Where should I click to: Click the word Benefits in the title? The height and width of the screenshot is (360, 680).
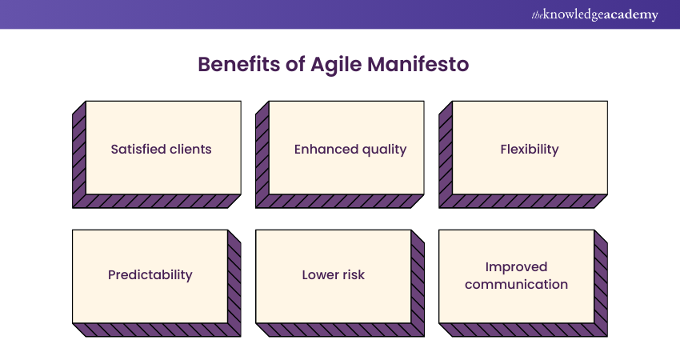(239, 64)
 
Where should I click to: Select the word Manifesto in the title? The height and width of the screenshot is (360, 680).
(418, 64)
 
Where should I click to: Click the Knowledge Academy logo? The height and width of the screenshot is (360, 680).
(594, 14)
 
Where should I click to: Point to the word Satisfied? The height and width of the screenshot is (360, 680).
(138, 150)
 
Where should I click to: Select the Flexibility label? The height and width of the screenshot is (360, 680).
(530, 150)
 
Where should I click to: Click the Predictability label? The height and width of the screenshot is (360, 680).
(150, 275)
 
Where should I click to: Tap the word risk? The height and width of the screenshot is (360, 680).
(353, 275)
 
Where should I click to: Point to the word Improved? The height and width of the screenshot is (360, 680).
(516, 267)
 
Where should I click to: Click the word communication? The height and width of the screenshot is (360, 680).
(516, 285)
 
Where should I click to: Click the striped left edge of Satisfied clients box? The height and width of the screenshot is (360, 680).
(79, 155)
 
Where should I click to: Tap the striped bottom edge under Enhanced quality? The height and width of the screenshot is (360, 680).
(340, 202)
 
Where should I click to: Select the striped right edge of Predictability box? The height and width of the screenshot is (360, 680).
(234, 283)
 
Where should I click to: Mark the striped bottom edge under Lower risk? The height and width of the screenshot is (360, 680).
(340, 330)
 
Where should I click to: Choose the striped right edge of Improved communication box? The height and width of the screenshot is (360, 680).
(601, 283)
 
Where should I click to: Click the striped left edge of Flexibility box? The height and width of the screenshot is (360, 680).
(446, 155)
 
